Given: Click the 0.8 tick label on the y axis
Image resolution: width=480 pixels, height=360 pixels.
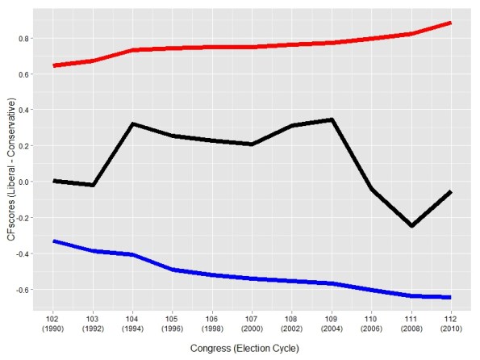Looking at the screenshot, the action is [24, 39].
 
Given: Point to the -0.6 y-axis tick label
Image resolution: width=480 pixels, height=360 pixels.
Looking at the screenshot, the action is [23, 290].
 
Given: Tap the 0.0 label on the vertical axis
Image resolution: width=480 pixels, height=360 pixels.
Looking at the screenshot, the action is [24, 182].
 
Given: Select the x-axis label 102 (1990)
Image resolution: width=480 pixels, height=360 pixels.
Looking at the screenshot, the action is [53, 324].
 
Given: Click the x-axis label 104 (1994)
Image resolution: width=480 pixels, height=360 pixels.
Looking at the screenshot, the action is [132, 324].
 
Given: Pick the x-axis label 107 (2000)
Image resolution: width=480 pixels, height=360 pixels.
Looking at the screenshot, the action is [252, 324].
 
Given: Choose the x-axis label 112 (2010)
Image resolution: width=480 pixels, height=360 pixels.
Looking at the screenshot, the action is [451, 324].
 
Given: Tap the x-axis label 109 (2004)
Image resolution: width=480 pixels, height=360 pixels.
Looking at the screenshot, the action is [332, 324].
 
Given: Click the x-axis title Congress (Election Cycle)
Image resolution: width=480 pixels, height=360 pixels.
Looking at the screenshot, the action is [244, 349].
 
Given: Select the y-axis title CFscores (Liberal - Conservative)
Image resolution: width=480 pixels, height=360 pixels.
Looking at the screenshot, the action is [11, 170].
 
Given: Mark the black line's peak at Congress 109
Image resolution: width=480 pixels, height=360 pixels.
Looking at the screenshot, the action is [332, 119].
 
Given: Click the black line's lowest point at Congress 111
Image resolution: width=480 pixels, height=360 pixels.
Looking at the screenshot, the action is [411, 226].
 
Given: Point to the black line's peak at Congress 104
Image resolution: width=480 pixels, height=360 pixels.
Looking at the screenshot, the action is [132, 123].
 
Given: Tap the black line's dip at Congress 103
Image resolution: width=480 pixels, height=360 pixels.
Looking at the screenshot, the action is [93, 185].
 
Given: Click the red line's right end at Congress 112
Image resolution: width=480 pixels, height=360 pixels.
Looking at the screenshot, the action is [450, 23].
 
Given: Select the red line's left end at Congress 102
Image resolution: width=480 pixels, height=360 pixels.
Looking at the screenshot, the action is [54, 65].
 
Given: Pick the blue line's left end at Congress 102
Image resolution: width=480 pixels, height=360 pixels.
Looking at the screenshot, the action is [54, 241].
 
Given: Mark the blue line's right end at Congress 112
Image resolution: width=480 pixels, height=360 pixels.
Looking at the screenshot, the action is [450, 297].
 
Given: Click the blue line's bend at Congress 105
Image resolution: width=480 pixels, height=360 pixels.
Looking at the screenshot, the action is [173, 270].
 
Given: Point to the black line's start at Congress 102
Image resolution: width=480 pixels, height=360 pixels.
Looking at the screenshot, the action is [54, 181].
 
